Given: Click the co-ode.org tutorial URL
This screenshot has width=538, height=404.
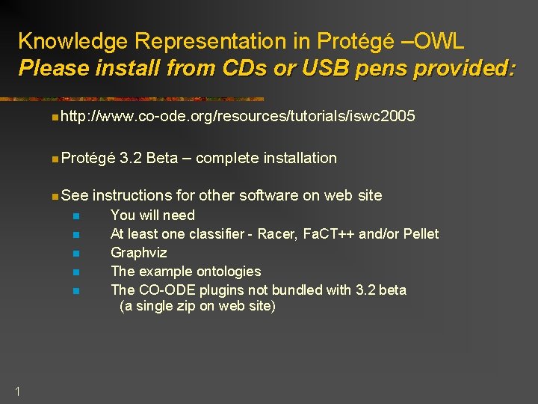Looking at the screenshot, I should [x=238, y=116].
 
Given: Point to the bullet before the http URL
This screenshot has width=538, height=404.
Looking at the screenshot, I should [x=56, y=117].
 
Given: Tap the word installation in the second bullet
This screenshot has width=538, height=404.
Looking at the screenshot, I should [x=298, y=158].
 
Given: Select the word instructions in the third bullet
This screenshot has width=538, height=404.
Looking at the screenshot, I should [x=132, y=195].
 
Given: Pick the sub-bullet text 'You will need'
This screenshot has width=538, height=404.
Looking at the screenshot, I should [x=152, y=215].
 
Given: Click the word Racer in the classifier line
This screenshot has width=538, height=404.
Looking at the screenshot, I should [x=276, y=234].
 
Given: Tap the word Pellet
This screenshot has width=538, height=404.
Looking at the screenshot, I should [x=420, y=234].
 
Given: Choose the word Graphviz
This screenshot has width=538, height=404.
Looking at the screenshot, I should [x=138, y=253].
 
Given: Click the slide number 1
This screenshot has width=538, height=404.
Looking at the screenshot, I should [x=17, y=389].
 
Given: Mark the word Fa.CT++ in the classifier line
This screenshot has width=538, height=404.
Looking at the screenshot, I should [x=330, y=234].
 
